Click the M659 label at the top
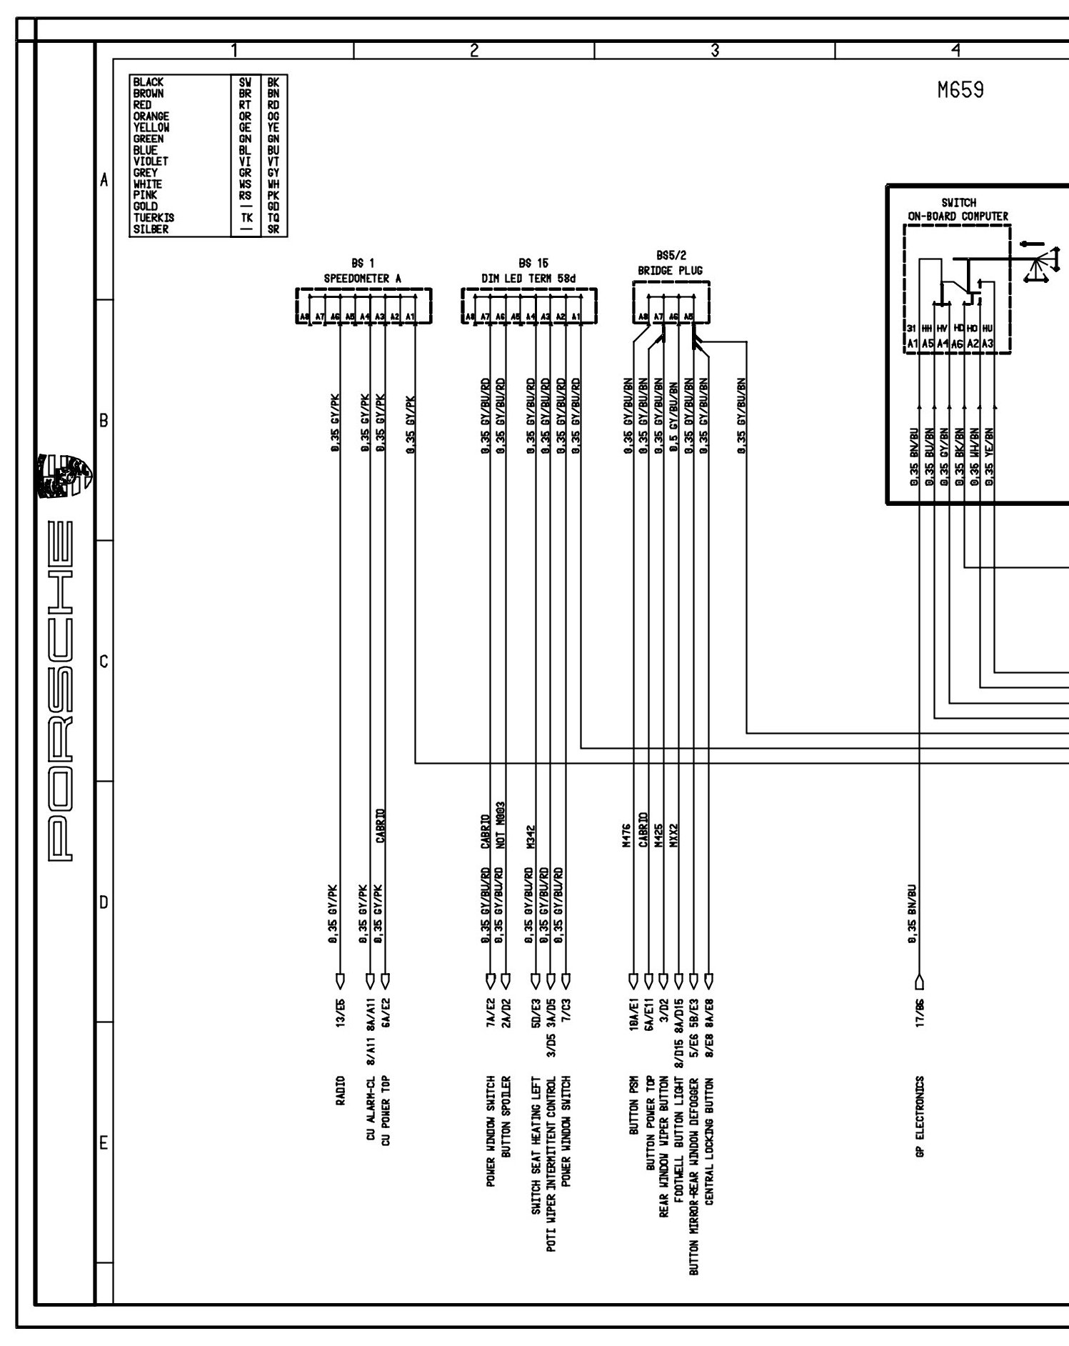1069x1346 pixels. pyautogui.click(x=960, y=91)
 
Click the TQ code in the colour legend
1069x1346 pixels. pyautogui.click(x=273, y=218)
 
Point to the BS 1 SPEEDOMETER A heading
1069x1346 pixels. pyautogui.click(x=364, y=271)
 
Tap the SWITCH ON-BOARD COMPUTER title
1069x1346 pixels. pyautogui.click(x=958, y=209)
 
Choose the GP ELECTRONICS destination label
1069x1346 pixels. pyautogui.click(x=920, y=1127)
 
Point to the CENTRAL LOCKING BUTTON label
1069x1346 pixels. pyautogui.click(x=709, y=1142)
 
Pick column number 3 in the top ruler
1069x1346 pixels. pyautogui.click(x=714, y=50)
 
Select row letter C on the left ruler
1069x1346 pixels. pyautogui.click(x=104, y=662)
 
